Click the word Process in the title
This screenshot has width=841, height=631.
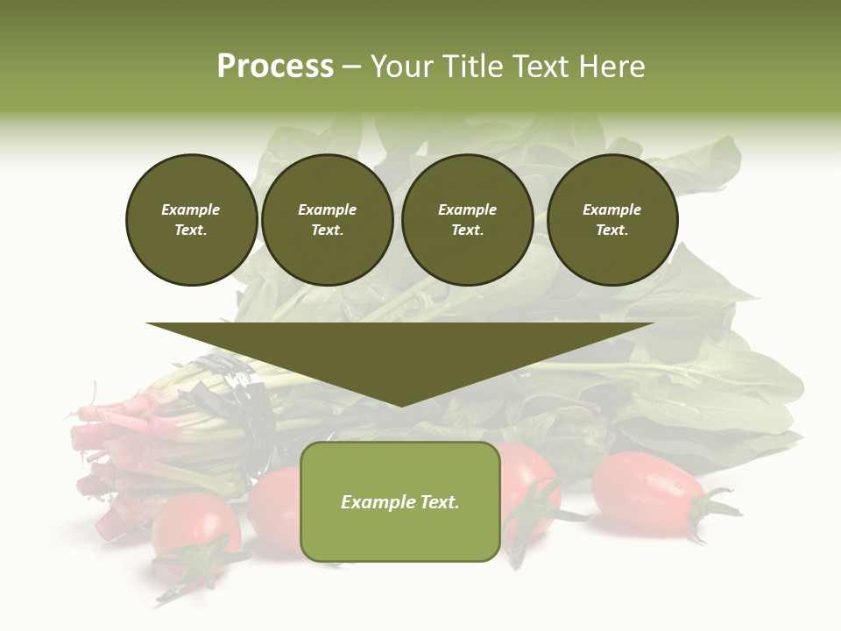[x=275, y=67]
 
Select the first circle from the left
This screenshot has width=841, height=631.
[x=191, y=220]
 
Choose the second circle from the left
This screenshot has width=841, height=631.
[x=327, y=220]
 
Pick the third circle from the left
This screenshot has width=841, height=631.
[x=467, y=220]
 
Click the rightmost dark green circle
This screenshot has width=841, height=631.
[x=611, y=220]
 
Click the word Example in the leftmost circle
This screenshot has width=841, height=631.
[x=191, y=209]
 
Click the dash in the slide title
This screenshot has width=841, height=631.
[x=351, y=67]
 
